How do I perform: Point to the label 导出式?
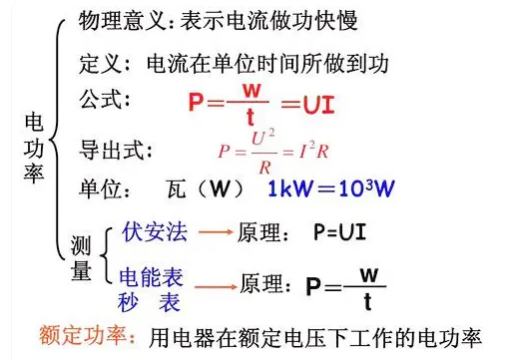click(111, 151)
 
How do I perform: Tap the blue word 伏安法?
click(155, 231)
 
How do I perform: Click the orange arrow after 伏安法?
click(216, 232)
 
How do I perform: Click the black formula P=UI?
click(340, 232)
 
